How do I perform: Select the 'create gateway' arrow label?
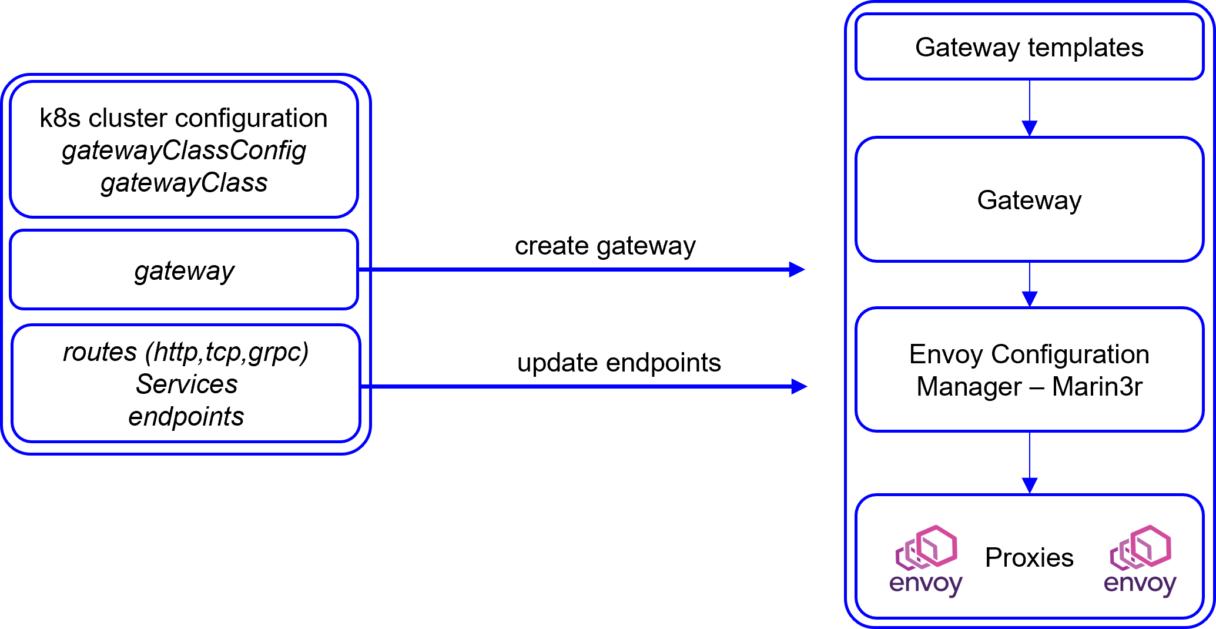[605, 246]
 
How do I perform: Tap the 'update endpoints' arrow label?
[619, 363]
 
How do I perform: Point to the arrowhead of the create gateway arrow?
[797, 269]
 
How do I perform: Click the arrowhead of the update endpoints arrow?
[799, 386]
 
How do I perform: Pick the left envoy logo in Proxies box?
[926, 561]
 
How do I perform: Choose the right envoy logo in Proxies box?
[1140, 561]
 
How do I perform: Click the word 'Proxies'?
[1029, 557]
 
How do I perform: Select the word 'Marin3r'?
[1097, 387]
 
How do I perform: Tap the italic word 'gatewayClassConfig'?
[184, 151]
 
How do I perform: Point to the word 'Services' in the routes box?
[187, 384]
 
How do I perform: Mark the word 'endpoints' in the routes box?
[186, 417]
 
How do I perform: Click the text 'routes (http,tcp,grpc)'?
[186, 352]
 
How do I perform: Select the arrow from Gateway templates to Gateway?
[1030, 108]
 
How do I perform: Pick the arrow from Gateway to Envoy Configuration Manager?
[1030, 285]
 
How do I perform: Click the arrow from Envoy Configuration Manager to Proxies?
[1030, 463]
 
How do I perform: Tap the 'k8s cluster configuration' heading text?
[183, 118]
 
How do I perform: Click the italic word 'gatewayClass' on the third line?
[184, 183]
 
